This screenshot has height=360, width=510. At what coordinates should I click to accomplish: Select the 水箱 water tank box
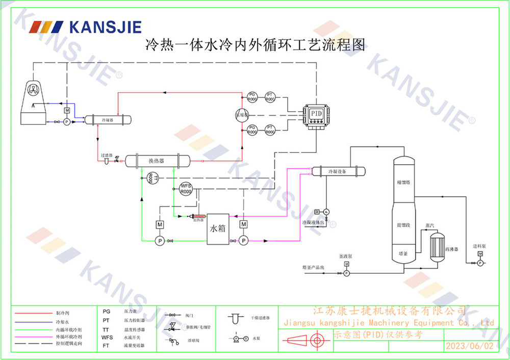click(x=218, y=228)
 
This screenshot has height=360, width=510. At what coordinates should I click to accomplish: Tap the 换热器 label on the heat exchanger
click(x=156, y=161)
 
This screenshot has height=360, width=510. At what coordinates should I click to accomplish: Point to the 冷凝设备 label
click(x=337, y=172)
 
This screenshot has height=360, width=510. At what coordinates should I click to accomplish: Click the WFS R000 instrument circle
click(x=186, y=189)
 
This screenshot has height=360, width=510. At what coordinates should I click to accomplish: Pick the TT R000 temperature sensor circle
click(x=151, y=177)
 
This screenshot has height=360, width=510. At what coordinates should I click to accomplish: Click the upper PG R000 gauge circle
click(x=252, y=97)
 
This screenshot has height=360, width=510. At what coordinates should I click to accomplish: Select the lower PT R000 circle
click(x=270, y=130)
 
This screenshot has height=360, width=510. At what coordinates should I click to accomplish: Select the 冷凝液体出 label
click(x=313, y=222)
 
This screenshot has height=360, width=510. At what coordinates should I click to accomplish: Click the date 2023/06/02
click(x=470, y=346)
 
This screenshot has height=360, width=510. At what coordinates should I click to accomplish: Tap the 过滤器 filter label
click(x=107, y=155)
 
